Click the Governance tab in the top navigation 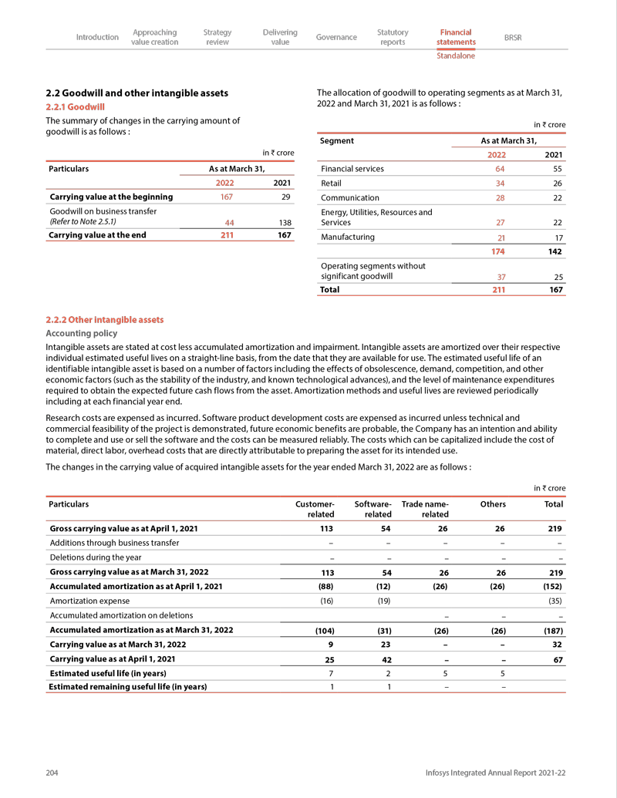coord(336,37)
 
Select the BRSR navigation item coord(512,37)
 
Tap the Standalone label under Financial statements coord(455,56)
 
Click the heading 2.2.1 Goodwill coord(75,107)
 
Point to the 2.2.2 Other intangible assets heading coord(104,319)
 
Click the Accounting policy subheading coord(82,333)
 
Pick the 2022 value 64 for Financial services coord(500,169)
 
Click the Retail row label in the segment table coord(331,184)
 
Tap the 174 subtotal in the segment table coord(498,251)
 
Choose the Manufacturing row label coord(347,237)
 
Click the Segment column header coord(337,141)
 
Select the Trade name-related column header coord(425,509)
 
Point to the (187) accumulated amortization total coord(553,630)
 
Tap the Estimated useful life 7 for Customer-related coord(332,673)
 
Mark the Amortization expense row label coord(89,601)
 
